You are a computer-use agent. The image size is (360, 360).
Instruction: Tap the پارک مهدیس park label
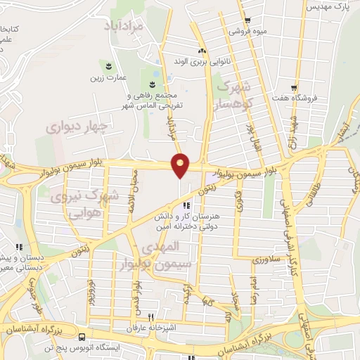tap(330, 7)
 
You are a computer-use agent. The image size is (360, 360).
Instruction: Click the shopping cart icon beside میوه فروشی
tap(246, 20)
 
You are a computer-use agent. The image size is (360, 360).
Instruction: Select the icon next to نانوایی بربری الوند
tap(202, 51)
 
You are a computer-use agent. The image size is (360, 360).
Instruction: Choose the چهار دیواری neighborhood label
tap(75, 127)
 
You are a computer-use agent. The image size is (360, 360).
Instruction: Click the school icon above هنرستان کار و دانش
tap(186, 205)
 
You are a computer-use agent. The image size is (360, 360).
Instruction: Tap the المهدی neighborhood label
tap(162, 247)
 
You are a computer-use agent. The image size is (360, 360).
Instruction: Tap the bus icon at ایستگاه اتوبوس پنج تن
tap(82, 337)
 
